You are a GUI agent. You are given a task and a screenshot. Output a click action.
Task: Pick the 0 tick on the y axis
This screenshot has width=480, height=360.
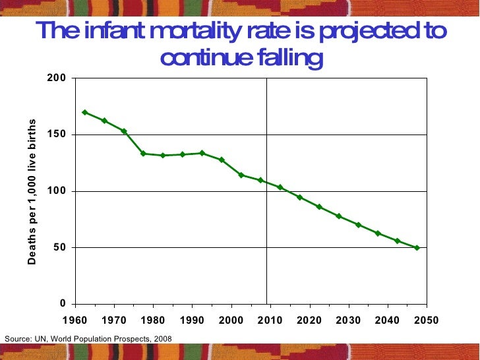pyautogui.click(x=63, y=304)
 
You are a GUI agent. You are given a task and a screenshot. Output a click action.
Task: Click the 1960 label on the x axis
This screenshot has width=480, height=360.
pyautogui.click(x=75, y=320)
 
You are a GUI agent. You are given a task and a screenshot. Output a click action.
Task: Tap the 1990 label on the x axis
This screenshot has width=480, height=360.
pyautogui.click(x=192, y=320)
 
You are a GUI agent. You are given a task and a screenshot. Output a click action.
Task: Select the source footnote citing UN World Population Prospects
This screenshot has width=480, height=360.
pyautogui.click(x=88, y=338)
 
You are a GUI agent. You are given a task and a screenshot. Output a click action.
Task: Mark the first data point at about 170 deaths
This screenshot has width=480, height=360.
pyautogui.click(x=84, y=112)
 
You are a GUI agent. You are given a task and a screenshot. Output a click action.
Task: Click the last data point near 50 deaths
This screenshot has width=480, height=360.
pyautogui.click(x=417, y=248)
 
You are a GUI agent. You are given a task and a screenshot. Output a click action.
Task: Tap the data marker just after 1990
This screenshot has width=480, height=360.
pyautogui.click(x=202, y=153)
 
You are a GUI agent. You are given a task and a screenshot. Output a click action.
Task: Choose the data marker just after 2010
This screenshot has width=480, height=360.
pyautogui.click(x=280, y=187)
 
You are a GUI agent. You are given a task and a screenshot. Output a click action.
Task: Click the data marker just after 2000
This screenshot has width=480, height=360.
pyautogui.click(x=241, y=175)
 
